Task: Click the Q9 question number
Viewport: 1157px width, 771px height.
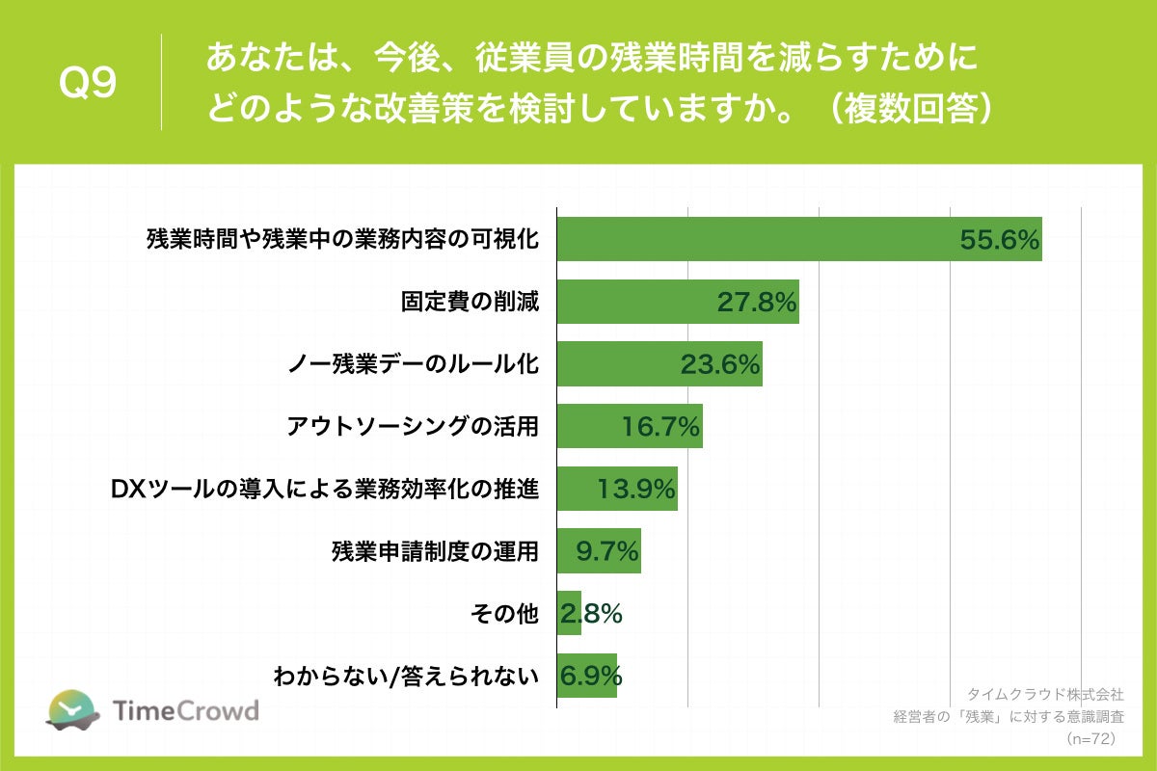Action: (x=88, y=83)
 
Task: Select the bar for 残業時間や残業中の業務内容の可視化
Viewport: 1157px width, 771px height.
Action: (x=752, y=239)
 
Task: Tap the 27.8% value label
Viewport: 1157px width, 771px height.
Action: (x=757, y=303)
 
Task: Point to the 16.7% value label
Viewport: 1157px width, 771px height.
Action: (x=660, y=428)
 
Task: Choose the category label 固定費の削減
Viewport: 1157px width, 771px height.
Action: (x=470, y=303)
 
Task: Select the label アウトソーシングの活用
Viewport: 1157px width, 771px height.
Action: (x=413, y=428)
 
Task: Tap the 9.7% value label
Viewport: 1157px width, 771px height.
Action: (x=607, y=552)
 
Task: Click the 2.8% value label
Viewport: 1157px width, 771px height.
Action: (x=591, y=614)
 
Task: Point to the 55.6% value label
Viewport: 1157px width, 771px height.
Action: (x=1000, y=240)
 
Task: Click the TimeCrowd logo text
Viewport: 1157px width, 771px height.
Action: (x=186, y=711)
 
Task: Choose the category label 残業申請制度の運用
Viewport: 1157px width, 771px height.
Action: (x=435, y=552)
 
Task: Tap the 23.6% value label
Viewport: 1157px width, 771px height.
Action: (x=720, y=365)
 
